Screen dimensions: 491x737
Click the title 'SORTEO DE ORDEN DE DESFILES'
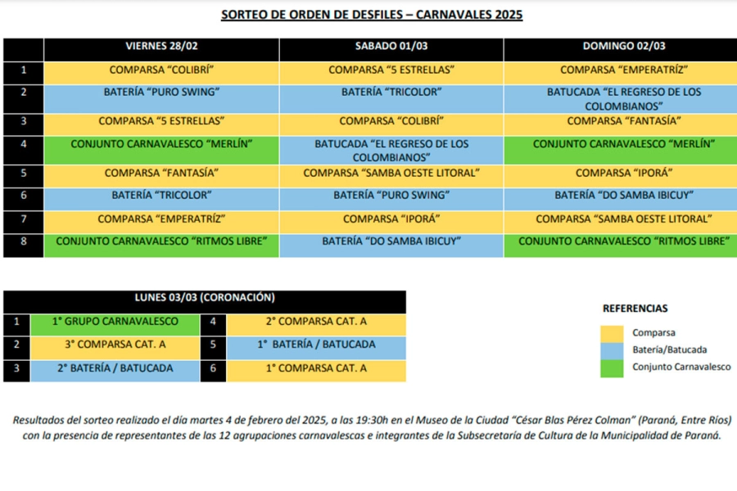(x=372, y=15)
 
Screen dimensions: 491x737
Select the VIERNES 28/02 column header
(x=161, y=46)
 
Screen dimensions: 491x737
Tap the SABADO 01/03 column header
(x=391, y=46)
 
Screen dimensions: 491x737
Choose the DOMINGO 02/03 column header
(x=624, y=46)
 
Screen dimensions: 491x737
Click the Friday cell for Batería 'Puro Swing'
(x=161, y=92)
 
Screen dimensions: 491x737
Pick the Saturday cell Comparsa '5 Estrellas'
(x=391, y=70)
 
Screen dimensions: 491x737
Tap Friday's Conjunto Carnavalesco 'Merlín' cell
(x=161, y=144)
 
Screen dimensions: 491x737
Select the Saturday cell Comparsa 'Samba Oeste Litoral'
(x=391, y=173)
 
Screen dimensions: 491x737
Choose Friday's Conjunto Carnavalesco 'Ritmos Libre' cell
(x=161, y=241)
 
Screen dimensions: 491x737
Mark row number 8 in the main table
(x=24, y=241)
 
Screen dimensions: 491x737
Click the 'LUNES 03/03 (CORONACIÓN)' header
(x=205, y=298)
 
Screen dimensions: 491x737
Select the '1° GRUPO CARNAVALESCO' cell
(x=115, y=322)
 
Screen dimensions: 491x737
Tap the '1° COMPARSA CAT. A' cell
(x=316, y=368)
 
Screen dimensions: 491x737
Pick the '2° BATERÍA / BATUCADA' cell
(x=115, y=368)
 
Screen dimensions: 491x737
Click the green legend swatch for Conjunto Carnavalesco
(x=612, y=367)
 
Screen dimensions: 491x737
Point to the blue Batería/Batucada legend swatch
(x=612, y=350)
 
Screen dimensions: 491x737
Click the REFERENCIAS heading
(x=635, y=309)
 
